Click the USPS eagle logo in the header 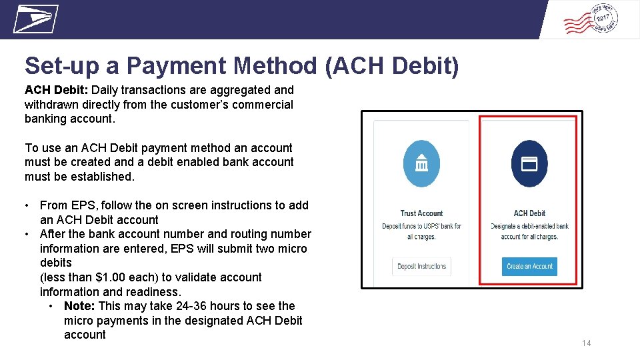35,19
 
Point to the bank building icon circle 421,164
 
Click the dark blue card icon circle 529,164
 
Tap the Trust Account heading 421,213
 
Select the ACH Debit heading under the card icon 529,213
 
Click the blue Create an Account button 529,267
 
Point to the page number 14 586,343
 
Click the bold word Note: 79,306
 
